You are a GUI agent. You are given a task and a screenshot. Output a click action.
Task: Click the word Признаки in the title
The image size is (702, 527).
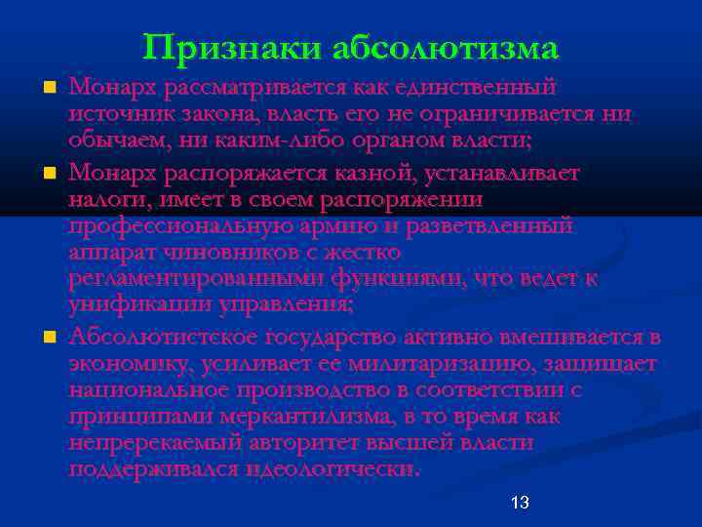(x=231, y=48)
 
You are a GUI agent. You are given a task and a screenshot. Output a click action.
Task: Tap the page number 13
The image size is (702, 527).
(x=520, y=503)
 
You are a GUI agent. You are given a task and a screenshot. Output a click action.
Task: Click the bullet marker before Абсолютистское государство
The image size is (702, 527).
(x=49, y=338)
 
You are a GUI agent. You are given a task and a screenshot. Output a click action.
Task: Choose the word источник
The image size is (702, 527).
(x=116, y=115)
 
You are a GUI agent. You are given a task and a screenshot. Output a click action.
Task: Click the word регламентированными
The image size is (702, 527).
(x=193, y=278)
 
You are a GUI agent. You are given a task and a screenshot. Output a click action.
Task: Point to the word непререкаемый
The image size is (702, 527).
(x=142, y=443)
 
